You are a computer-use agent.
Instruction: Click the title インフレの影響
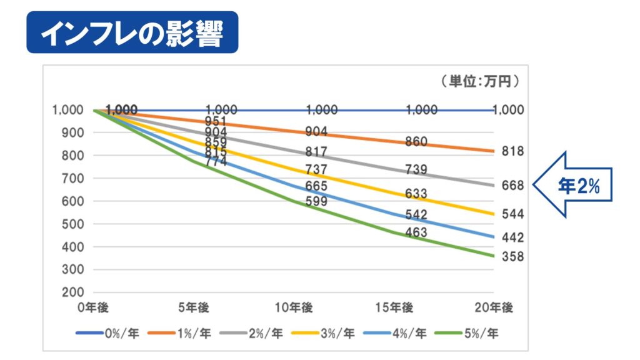coord(132,32)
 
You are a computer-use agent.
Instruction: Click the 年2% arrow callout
coord(571,185)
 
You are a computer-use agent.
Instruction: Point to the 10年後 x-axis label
coord(295,307)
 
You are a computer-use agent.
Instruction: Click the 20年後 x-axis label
coord(494,307)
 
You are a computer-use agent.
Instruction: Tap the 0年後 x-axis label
coord(95,307)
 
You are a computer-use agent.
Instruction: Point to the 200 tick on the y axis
coord(74,292)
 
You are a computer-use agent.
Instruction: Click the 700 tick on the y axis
coord(74,178)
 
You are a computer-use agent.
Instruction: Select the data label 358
coord(512,257)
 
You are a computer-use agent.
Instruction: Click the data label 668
coord(512,185)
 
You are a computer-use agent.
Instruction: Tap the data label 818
coord(512,151)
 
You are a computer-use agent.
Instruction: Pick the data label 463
coord(416,233)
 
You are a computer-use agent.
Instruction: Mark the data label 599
coord(316,201)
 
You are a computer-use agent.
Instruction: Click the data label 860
coord(416,142)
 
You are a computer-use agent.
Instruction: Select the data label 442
coord(512,237)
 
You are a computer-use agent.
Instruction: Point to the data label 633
coord(416,194)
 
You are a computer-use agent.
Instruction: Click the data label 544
coord(512,214)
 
